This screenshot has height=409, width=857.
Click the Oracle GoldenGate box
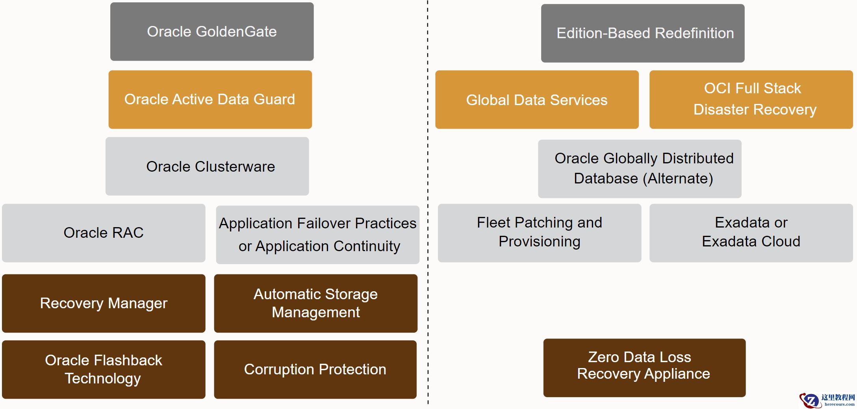click(x=212, y=31)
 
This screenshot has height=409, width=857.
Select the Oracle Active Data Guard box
click(x=210, y=100)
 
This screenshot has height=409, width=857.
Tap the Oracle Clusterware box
click(x=207, y=166)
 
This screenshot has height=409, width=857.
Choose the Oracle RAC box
click(x=104, y=233)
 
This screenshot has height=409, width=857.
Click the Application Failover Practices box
click(x=318, y=235)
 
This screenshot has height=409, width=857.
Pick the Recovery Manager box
click(x=104, y=304)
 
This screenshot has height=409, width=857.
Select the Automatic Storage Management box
click(x=316, y=304)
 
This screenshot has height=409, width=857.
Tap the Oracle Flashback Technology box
click(x=104, y=370)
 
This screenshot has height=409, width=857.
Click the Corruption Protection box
click(x=315, y=370)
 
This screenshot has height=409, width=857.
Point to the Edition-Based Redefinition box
click(x=643, y=33)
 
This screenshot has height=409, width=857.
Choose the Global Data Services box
click(x=537, y=100)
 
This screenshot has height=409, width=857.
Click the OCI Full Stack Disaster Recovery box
click(x=751, y=100)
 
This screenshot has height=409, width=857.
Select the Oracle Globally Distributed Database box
click(x=640, y=169)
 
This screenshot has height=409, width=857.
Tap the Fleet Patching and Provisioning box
click(x=540, y=233)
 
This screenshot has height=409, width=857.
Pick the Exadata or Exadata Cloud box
click(x=751, y=233)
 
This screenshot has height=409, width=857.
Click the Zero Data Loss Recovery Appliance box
click(x=645, y=368)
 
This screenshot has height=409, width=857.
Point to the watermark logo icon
click(x=810, y=400)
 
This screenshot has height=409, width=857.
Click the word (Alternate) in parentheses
click(x=678, y=179)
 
